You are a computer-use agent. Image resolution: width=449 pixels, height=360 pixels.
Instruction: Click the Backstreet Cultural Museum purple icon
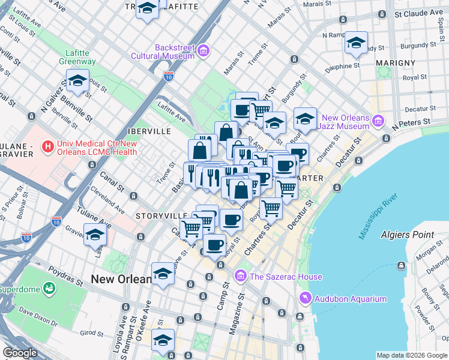pyautogui.click(x=203, y=51)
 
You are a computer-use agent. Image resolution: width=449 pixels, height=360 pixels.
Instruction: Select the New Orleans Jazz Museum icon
pyautogui.click(x=378, y=121)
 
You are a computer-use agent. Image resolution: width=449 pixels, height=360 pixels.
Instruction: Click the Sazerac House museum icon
pyautogui.click(x=240, y=276)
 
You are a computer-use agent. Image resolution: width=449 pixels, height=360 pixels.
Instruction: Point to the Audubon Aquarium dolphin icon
pyautogui.click(x=306, y=298)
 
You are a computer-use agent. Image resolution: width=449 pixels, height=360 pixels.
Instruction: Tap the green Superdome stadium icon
pyautogui.click(x=48, y=290)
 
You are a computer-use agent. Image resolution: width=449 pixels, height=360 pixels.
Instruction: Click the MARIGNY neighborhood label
pyautogui.click(x=396, y=62)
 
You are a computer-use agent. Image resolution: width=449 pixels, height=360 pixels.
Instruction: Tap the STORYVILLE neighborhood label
pyautogui.click(x=161, y=215)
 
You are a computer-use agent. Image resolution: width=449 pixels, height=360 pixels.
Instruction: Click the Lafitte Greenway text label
pyautogui.click(x=77, y=56)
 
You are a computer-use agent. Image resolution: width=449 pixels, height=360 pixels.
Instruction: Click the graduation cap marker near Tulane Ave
pyautogui.click(x=95, y=235)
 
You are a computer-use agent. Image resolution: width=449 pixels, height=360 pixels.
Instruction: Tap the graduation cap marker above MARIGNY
pyautogui.click(x=356, y=43)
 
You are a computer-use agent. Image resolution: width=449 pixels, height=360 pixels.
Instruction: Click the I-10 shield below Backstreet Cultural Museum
pyautogui.click(x=169, y=76)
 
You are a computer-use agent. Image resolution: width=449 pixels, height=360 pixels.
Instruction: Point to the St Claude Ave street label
pyautogui.click(x=418, y=13)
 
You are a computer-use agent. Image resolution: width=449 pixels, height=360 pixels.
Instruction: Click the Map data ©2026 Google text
pyautogui.click(x=412, y=355)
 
